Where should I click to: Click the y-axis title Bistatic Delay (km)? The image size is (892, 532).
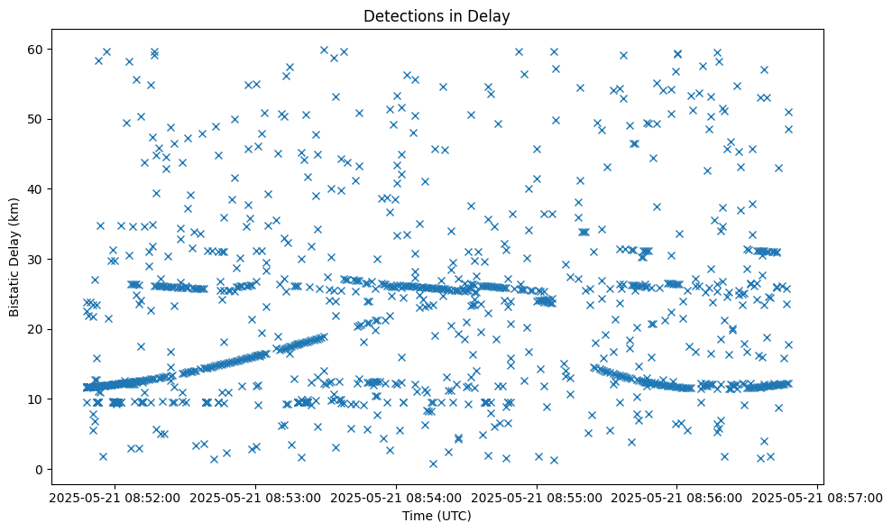[14, 256]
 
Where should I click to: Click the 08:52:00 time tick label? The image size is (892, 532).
[115, 497]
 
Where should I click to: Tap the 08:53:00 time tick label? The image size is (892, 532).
[255, 497]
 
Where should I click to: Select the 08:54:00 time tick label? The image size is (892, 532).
[396, 497]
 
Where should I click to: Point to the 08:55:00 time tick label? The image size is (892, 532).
[537, 497]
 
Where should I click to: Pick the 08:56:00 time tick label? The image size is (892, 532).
[677, 497]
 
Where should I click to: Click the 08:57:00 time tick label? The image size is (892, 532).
[818, 497]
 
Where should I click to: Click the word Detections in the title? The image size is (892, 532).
[397, 15]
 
